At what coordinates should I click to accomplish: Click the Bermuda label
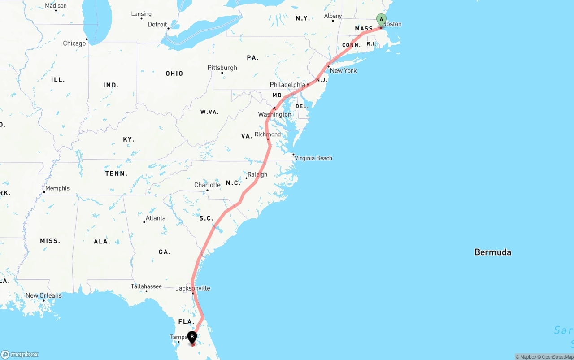click(493, 252)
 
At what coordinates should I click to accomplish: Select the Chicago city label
click(74, 43)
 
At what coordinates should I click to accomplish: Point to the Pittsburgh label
click(222, 68)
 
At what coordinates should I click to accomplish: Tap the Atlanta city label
click(155, 218)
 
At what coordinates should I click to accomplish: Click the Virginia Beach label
click(313, 158)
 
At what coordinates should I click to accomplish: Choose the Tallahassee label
click(146, 286)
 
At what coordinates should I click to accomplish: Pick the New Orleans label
click(43, 295)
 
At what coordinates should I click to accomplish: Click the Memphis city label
click(57, 188)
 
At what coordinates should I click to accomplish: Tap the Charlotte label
click(207, 185)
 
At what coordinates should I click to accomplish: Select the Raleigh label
click(257, 174)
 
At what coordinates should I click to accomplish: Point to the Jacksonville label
click(193, 288)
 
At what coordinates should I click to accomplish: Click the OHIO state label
click(174, 74)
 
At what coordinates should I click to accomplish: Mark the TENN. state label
click(116, 173)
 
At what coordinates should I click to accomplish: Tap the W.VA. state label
click(209, 112)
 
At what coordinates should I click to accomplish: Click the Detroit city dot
click(168, 28)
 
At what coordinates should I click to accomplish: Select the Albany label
click(333, 16)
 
